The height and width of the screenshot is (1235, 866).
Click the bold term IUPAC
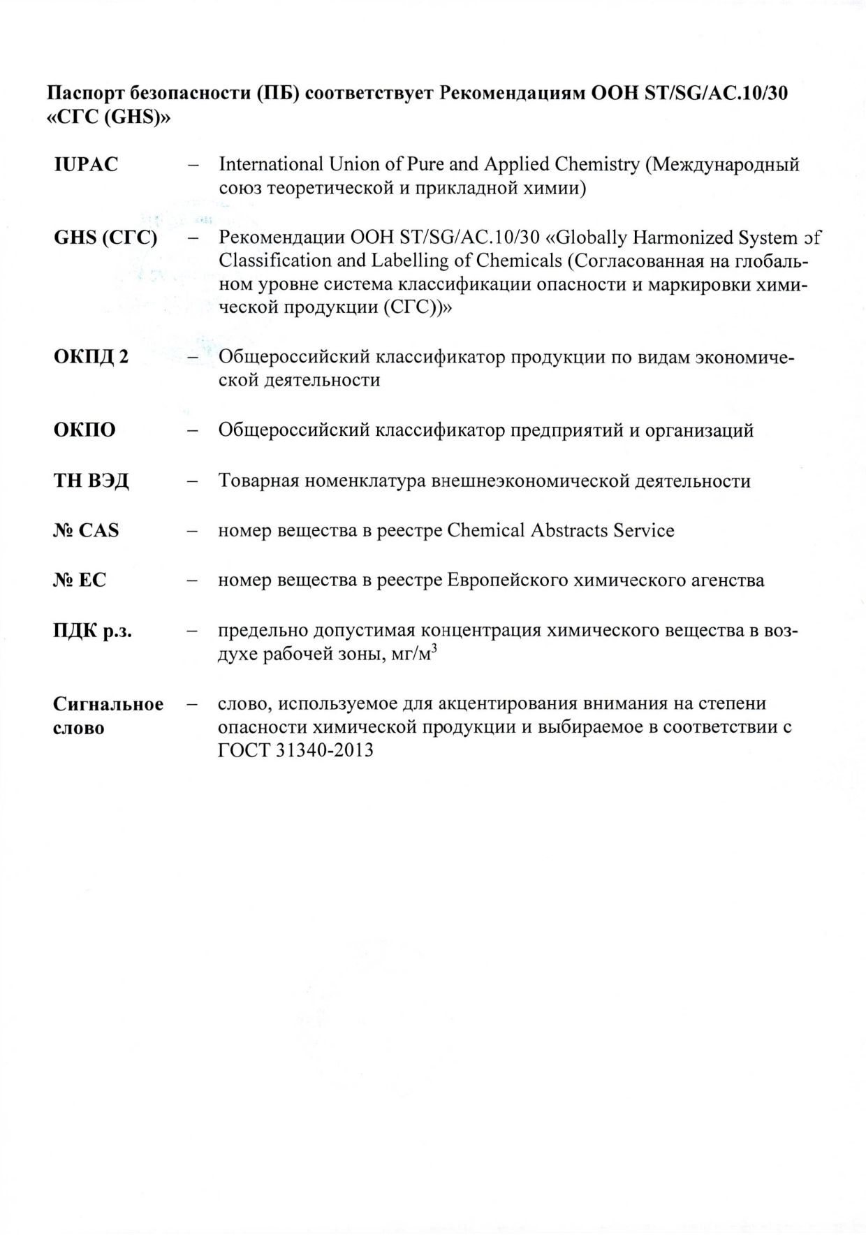coord(86,165)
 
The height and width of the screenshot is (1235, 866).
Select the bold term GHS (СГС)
coord(105,237)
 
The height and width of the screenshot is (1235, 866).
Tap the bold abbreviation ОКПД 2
coord(91,357)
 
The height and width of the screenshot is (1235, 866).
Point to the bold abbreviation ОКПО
coord(85,430)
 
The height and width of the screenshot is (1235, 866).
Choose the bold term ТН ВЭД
coord(91,481)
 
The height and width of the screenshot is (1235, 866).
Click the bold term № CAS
coord(86,531)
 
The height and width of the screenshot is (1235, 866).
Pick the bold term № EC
coord(80,580)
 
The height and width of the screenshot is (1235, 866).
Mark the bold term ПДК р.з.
coord(92,631)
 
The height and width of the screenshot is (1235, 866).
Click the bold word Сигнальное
coord(108,703)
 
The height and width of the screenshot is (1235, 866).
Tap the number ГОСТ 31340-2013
coord(295,750)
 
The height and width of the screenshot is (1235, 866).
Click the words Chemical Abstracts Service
coord(560,531)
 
